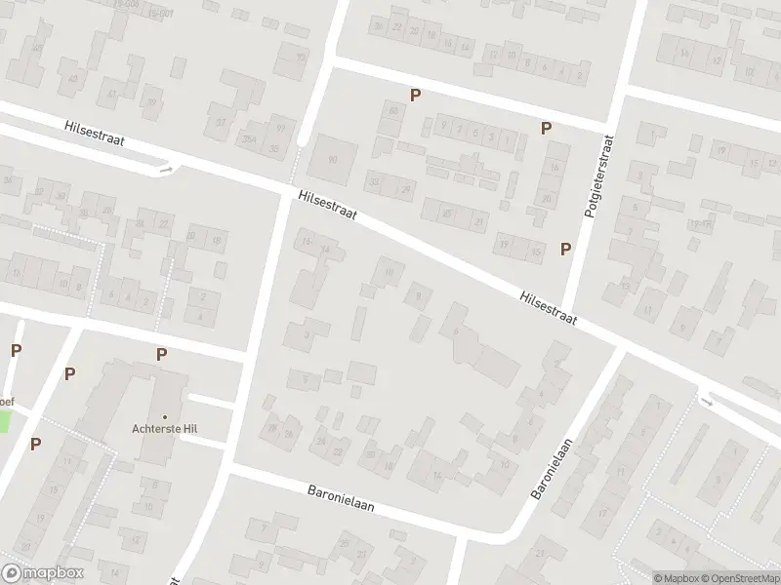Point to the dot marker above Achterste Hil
point(165,417)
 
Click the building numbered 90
point(333,160)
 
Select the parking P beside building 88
point(415,95)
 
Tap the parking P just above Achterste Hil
point(161,355)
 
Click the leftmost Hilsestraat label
point(95,136)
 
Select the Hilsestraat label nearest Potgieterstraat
point(548,306)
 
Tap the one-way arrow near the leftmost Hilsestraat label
point(166,170)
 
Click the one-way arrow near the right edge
point(708,400)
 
